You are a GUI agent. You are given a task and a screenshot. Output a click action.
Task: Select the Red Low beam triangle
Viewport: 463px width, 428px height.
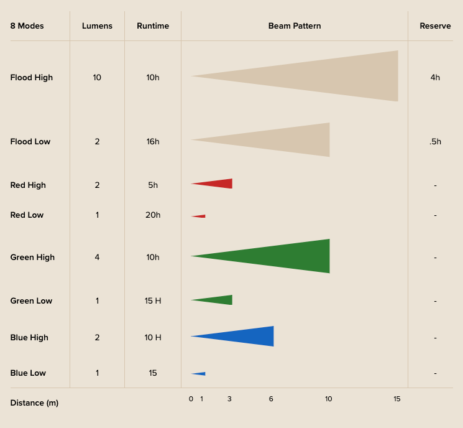[200, 216]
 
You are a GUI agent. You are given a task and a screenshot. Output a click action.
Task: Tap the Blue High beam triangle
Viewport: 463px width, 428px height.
[249, 336]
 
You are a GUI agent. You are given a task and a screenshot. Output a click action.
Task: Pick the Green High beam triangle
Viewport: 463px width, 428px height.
[286, 256]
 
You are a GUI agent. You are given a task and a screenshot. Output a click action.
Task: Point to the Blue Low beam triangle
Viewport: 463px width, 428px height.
[200, 373]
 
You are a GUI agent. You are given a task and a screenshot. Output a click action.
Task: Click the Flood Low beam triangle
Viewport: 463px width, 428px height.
[286, 139]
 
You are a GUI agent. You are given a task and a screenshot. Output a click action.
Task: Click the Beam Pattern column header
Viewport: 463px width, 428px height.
[295, 26]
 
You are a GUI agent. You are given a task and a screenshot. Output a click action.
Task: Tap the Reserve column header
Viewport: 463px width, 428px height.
[435, 26]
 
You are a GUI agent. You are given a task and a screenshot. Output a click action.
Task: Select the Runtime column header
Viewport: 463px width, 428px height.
[153, 26]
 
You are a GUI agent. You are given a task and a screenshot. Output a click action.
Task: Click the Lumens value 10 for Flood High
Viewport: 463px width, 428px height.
[97, 78]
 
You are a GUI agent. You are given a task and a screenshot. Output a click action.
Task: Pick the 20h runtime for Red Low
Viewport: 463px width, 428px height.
[153, 215]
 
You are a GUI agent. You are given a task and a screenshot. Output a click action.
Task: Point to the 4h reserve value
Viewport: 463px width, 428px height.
[435, 78]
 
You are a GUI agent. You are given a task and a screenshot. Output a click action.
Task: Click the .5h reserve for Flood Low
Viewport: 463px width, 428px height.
[435, 142]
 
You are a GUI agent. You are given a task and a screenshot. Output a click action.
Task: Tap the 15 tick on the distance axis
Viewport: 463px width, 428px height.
[397, 399]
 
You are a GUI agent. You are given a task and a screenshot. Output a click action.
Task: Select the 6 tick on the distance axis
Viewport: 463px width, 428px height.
[271, 399]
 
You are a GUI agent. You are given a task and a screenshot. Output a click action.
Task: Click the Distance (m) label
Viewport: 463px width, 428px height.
[34, 403]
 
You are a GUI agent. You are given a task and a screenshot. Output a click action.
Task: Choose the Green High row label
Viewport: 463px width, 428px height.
[32, 258]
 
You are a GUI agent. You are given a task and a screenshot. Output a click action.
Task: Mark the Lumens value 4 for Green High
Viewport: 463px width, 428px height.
[97, 258]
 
